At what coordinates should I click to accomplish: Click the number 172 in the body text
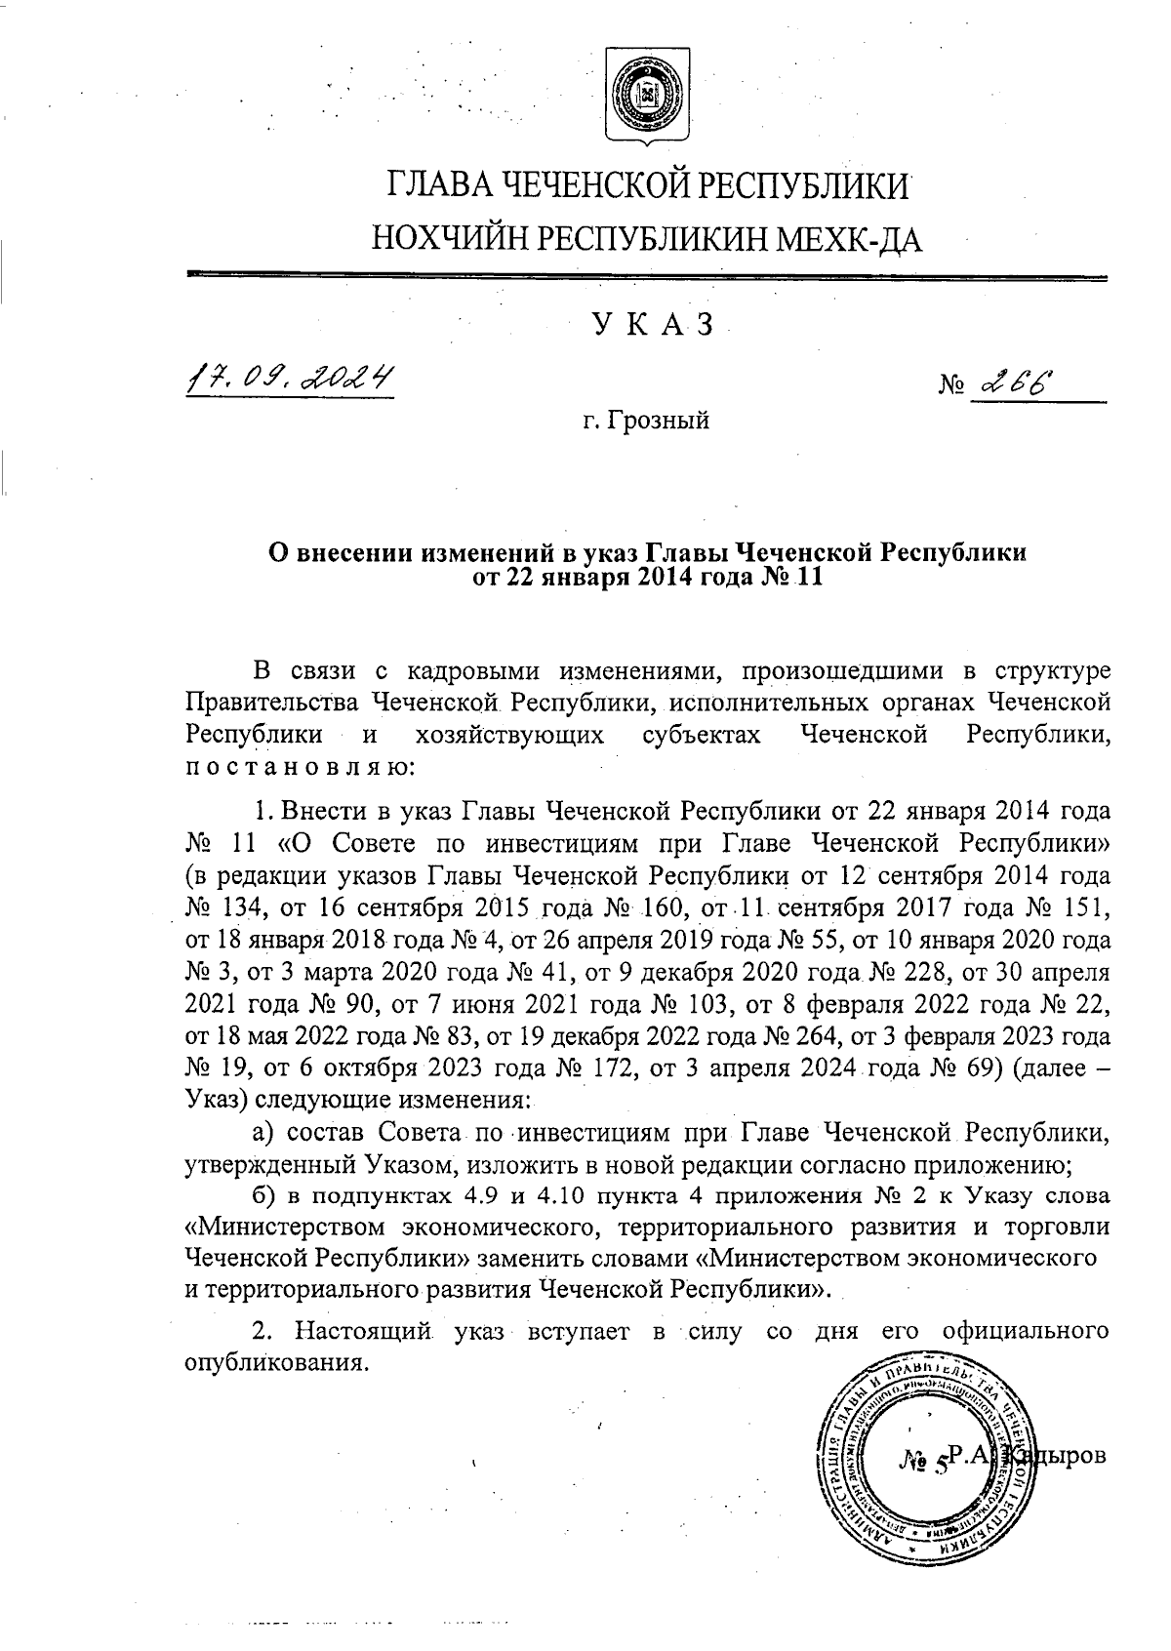point(617,1068)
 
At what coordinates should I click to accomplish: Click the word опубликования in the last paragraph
point(278,1361)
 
